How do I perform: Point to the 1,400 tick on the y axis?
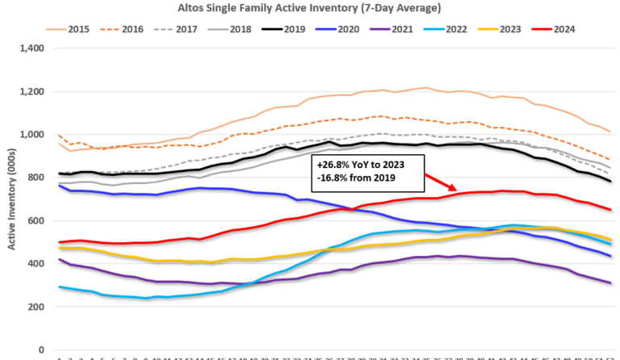click(31, 48)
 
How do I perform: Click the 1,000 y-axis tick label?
click(31, 135)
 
